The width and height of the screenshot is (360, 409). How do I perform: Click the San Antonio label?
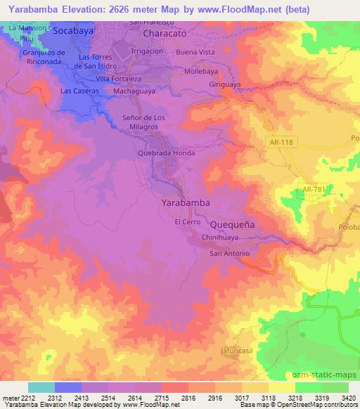(231, 253)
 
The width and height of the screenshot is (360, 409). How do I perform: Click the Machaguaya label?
(135, 91)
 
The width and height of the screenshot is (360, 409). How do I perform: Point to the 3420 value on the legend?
(348, 398)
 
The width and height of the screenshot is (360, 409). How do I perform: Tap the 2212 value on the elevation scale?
(27, 398)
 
